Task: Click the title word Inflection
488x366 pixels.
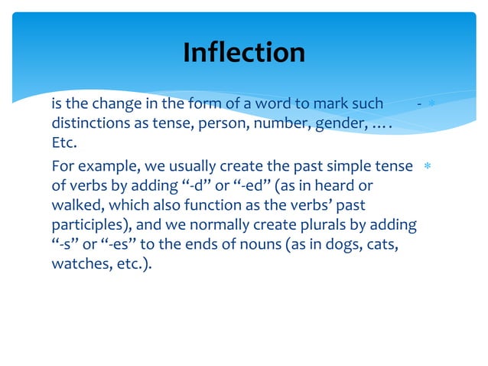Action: [243, 52]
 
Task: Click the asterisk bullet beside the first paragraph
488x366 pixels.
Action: [431, 103]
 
